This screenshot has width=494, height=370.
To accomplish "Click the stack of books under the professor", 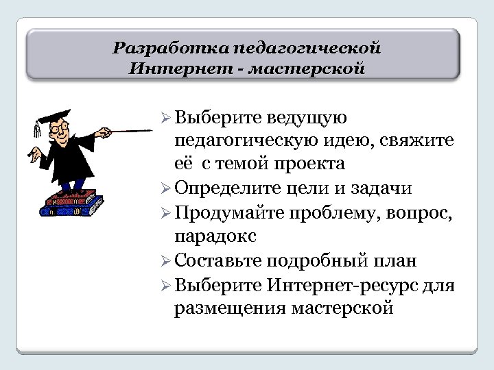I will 73,203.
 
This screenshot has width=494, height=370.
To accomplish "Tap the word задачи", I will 377,188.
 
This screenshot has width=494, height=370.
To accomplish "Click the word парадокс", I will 215,236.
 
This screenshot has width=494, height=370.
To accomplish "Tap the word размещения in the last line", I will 229,308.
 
